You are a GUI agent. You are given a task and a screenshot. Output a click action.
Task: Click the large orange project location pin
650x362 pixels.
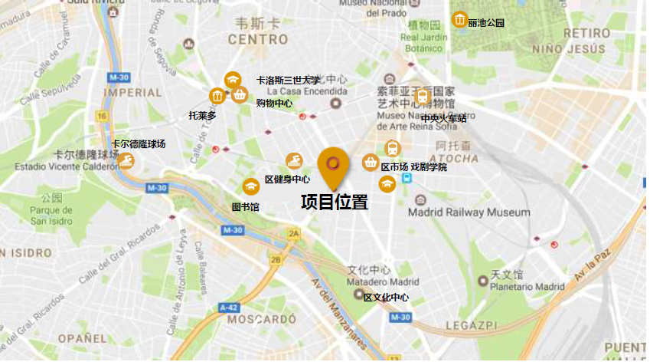pos(332,166)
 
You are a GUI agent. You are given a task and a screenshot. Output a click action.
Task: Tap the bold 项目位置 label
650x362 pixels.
pos(335,202)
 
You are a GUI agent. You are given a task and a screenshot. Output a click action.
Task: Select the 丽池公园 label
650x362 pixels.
pos(487,23)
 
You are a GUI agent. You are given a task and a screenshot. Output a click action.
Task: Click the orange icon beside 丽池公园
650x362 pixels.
pos(459,19)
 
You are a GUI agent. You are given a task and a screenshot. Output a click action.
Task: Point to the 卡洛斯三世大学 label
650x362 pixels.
pos(289,80)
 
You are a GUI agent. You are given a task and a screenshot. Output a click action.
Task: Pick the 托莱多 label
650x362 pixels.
pos(203,116)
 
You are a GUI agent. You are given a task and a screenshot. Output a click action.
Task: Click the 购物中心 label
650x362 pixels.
pos(274,102)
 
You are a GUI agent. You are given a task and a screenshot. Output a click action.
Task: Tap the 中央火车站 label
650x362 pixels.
pos(443,118)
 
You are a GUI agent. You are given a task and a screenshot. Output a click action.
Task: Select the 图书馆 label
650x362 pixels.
pos(246,207)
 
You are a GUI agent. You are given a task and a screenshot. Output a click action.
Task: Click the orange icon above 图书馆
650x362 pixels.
pos(251,186)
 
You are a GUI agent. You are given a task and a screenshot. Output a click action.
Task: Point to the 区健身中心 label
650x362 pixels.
pos(287,179)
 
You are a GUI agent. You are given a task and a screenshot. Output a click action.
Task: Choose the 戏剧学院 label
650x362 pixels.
pos(429,166)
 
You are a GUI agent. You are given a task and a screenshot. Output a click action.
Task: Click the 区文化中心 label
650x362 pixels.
pos(386,298)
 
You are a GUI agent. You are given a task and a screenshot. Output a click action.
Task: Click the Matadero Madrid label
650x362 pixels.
pos(383,281)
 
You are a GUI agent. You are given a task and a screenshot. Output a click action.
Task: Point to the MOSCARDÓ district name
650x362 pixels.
pos(256,318)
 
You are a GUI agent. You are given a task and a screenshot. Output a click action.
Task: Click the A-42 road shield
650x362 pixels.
pos(228,307)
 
